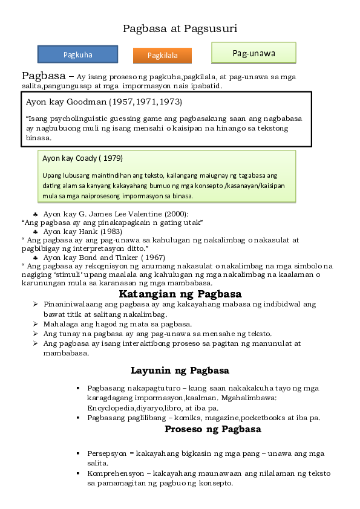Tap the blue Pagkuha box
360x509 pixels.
[77, 54]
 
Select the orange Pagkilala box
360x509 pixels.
[162, 56]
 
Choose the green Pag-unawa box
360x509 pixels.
[254, 53]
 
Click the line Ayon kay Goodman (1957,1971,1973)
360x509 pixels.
[103, 102]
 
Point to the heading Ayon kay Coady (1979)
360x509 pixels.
[82, 158]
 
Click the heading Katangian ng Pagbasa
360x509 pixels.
[180, 294]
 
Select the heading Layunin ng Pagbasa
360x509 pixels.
[180, 370]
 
